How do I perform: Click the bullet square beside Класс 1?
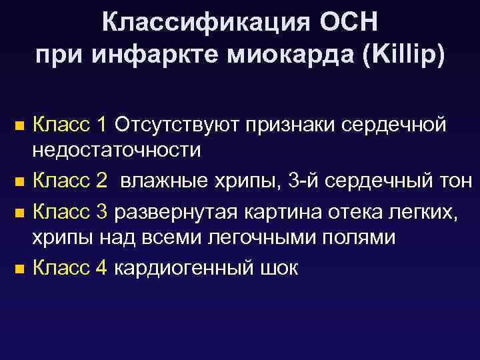[x=19, y=125]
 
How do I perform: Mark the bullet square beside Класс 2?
[x=19, y=181]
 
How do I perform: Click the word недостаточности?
[x=117, y=150]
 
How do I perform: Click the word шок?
[x=277, y=268]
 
